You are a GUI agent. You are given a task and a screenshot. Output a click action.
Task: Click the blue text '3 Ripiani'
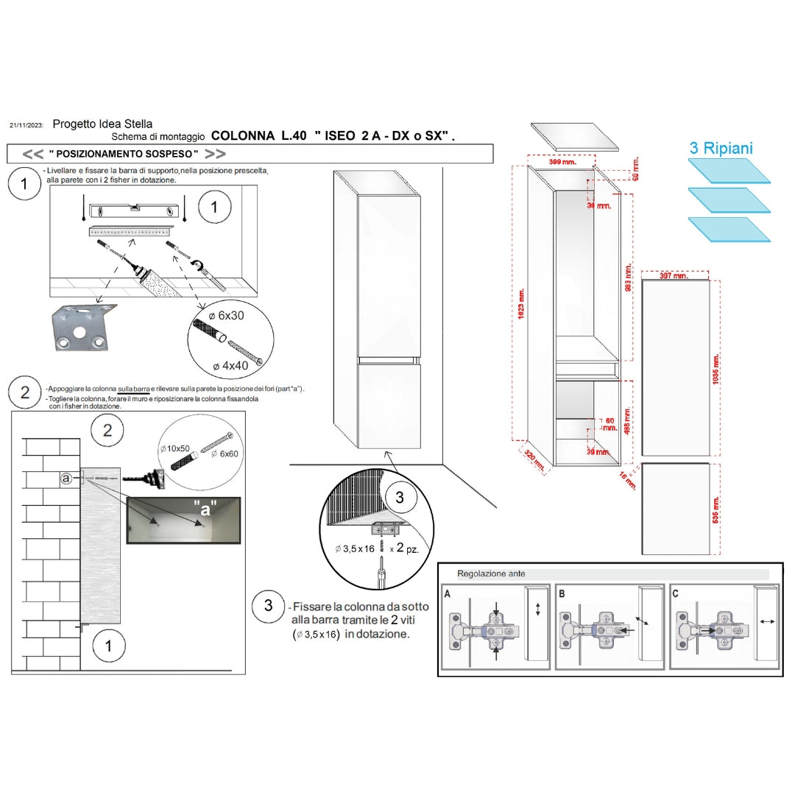(721, 148)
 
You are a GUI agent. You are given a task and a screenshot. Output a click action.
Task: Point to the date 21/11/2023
(26, 126)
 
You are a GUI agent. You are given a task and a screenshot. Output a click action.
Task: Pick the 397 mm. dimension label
(674, 276)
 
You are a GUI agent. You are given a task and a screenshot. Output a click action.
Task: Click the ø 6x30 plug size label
(230, 315)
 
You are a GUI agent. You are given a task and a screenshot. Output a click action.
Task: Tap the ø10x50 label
(175, 448)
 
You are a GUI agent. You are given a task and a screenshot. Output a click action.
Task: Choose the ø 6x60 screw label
(225, 454)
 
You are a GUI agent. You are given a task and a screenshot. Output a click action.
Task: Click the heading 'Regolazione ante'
(491, 573)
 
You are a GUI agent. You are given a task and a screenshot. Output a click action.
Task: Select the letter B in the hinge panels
(562, 592)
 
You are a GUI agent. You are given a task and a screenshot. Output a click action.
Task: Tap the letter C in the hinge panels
(676, 592)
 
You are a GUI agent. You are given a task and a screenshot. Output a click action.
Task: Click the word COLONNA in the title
(243, 136)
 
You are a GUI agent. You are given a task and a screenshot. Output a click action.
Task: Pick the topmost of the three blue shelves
(729, 171)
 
